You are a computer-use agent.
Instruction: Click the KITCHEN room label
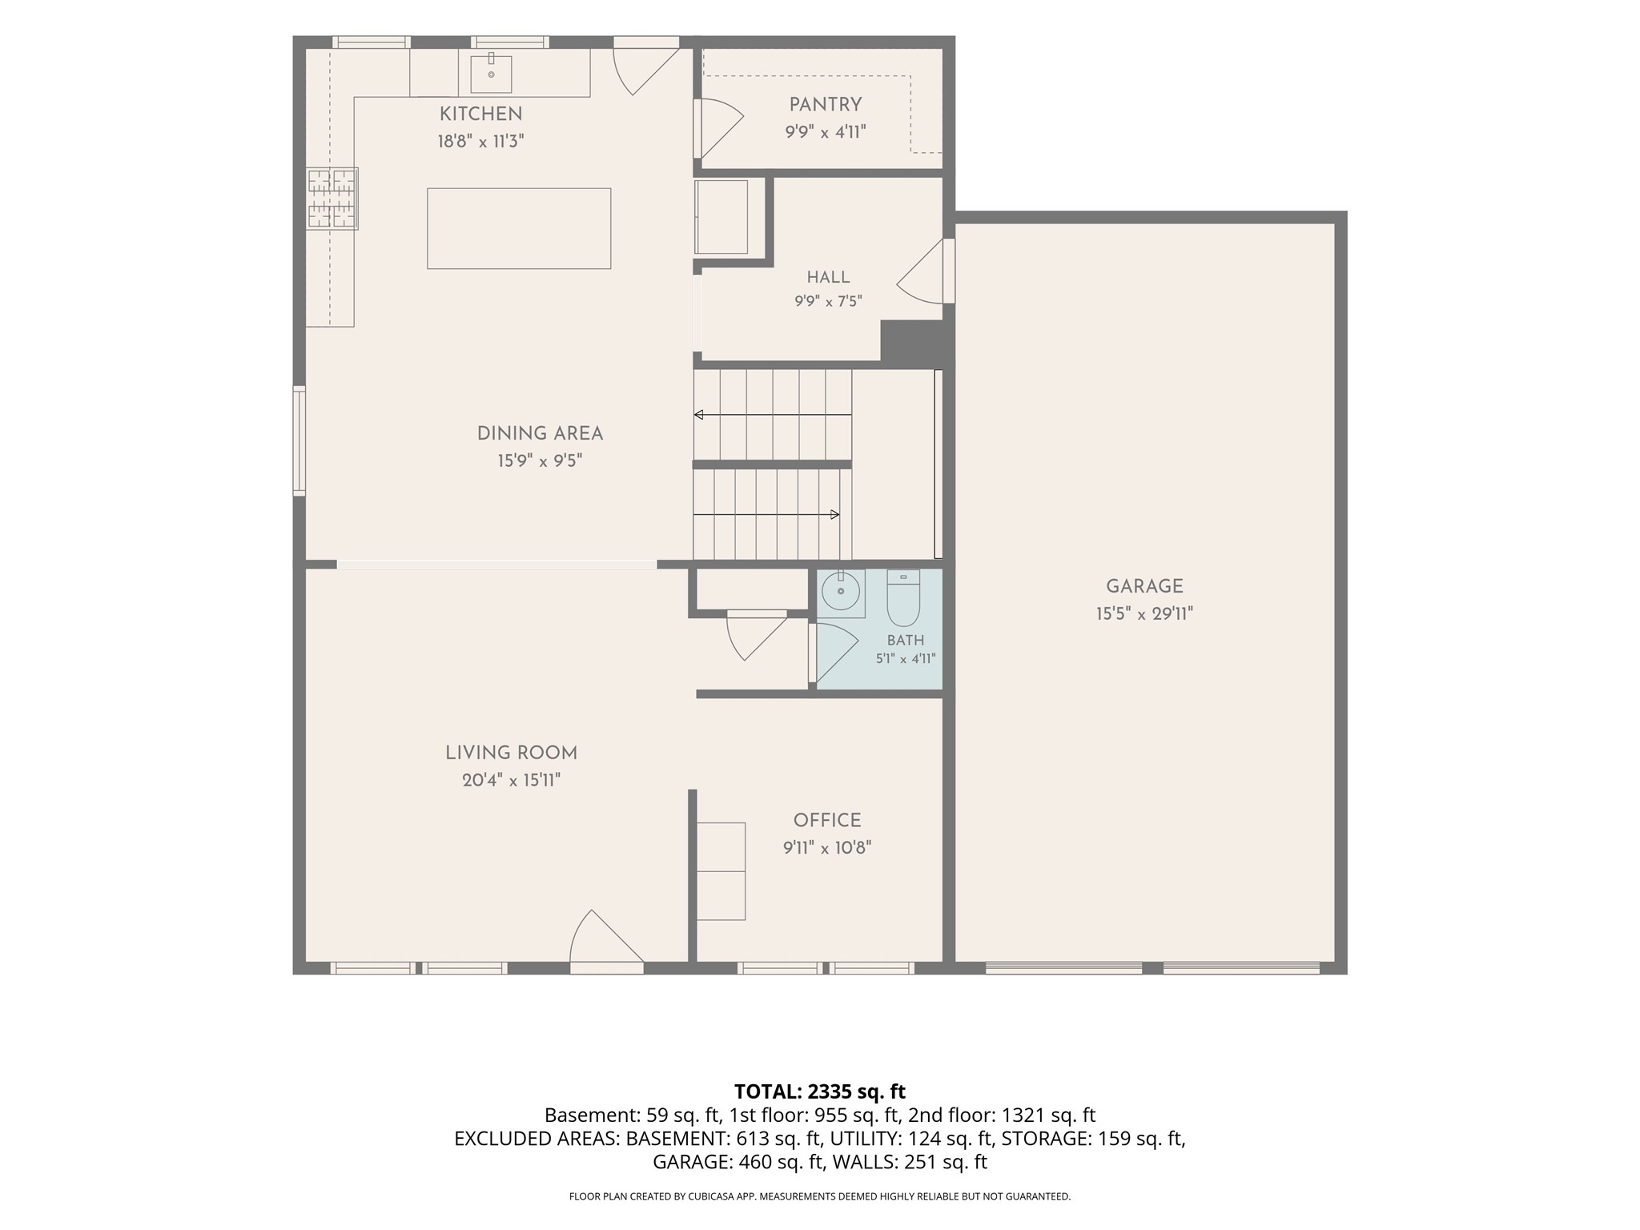click(x=480, y=114)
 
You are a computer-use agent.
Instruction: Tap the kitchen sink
click(x=491, y=73)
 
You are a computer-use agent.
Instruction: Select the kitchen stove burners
click(x=332, y=199)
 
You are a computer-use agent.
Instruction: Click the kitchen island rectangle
click(x=519, y=228)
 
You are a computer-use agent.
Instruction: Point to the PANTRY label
click(x=826, y=104)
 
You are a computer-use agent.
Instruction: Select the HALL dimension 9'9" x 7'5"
click(x=828, y=301)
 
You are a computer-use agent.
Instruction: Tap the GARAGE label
click(x=1144, y=586)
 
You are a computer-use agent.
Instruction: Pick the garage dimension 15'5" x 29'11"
click(x=1144, y=614)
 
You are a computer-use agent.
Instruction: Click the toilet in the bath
click(x=904, y=597)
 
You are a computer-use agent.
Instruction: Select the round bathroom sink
click(x=841, y=593)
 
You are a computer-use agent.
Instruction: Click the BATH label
click(x=906, y=640)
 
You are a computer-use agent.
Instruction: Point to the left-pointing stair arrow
click(x=773, y=415)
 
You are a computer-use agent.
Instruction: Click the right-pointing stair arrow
click(x=766, y=514)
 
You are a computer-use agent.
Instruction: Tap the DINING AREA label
click(x=540, y=433)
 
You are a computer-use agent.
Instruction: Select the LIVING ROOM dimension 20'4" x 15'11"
click(x=511, y=780)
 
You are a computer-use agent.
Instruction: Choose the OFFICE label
click(x=827, y=820)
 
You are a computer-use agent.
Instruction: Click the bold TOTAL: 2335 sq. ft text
click(x=820, y=1091)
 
